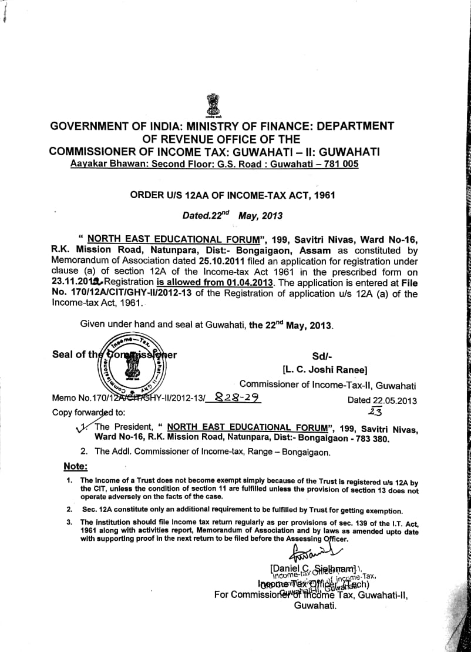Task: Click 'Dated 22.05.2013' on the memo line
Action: (382, 400)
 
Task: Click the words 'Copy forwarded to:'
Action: (88, 412)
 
